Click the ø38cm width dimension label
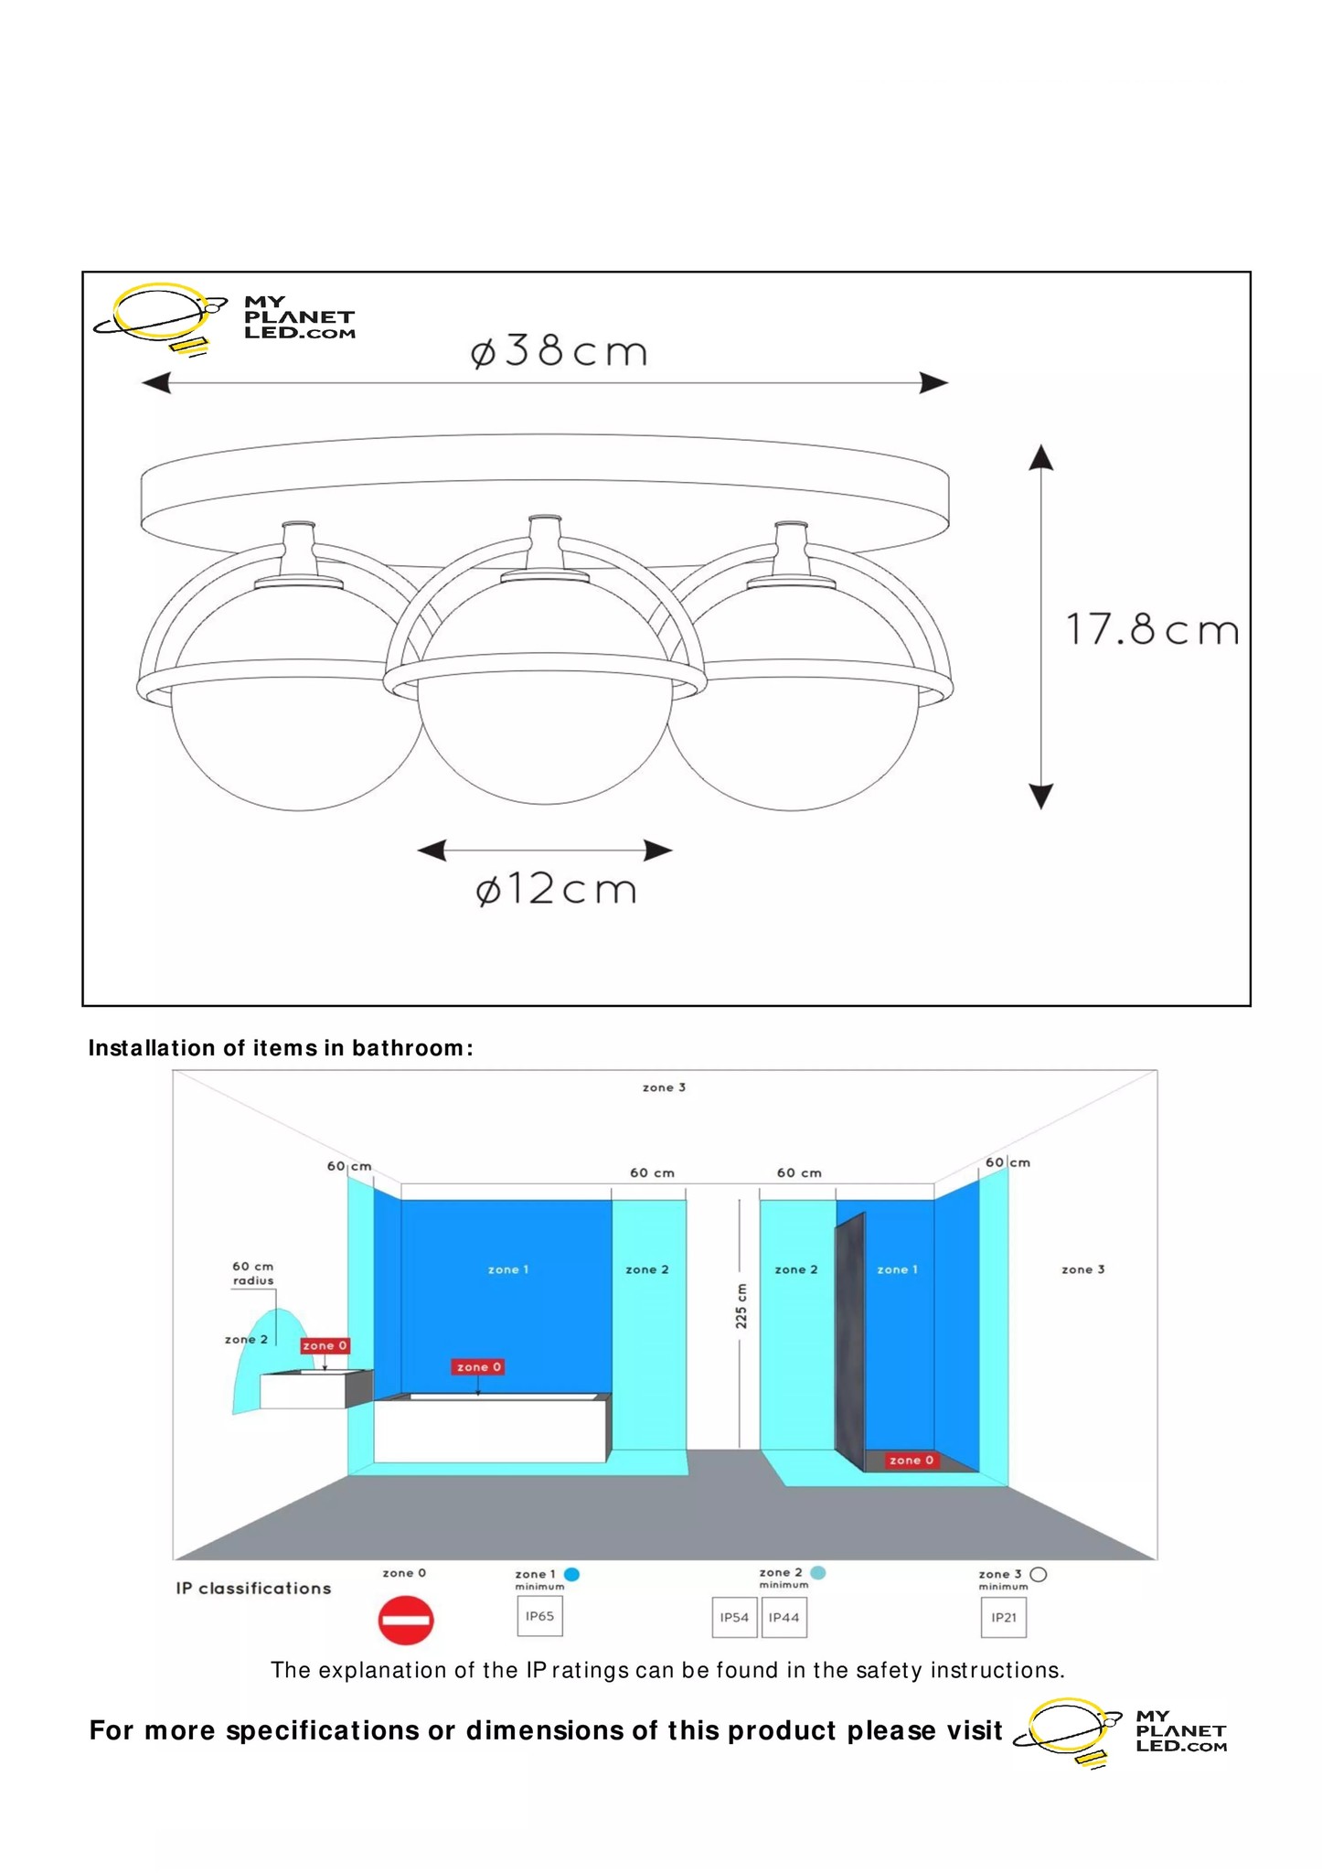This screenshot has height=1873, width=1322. (x=559, y=351)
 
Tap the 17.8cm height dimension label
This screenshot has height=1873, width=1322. (x=1151, y=630)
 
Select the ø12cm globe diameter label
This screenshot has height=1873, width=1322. (x=556, y=889)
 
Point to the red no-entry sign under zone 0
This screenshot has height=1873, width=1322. (x=405, y=1621)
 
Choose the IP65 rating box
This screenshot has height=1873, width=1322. (x=539, y=1616)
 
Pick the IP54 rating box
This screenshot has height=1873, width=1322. (x=734, y=1617)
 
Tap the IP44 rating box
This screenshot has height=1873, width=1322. (x=784, y=1617)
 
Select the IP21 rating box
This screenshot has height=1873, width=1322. (x=1004, y=1617)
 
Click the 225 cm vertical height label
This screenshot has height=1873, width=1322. (x=741, y=1306)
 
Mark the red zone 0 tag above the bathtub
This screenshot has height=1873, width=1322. (x=478, y=1367)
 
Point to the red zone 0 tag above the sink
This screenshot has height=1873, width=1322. (x=325, y=1345)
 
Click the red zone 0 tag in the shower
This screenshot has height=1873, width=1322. (x=912, y=1461)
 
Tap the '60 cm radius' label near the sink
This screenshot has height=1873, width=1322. (x=252, y=1273)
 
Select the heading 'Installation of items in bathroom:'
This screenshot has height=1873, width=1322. (x=281, y=1048)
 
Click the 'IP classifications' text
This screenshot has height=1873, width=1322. (x=253, y=1589)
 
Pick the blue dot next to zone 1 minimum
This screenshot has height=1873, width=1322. (x=572, y=1574)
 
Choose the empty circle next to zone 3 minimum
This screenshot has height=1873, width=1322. (x=1038, y=1574)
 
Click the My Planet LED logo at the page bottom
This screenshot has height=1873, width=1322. (x=1123, y=1731)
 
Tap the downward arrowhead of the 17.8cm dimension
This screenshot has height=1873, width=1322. (x=1041, y=797)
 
